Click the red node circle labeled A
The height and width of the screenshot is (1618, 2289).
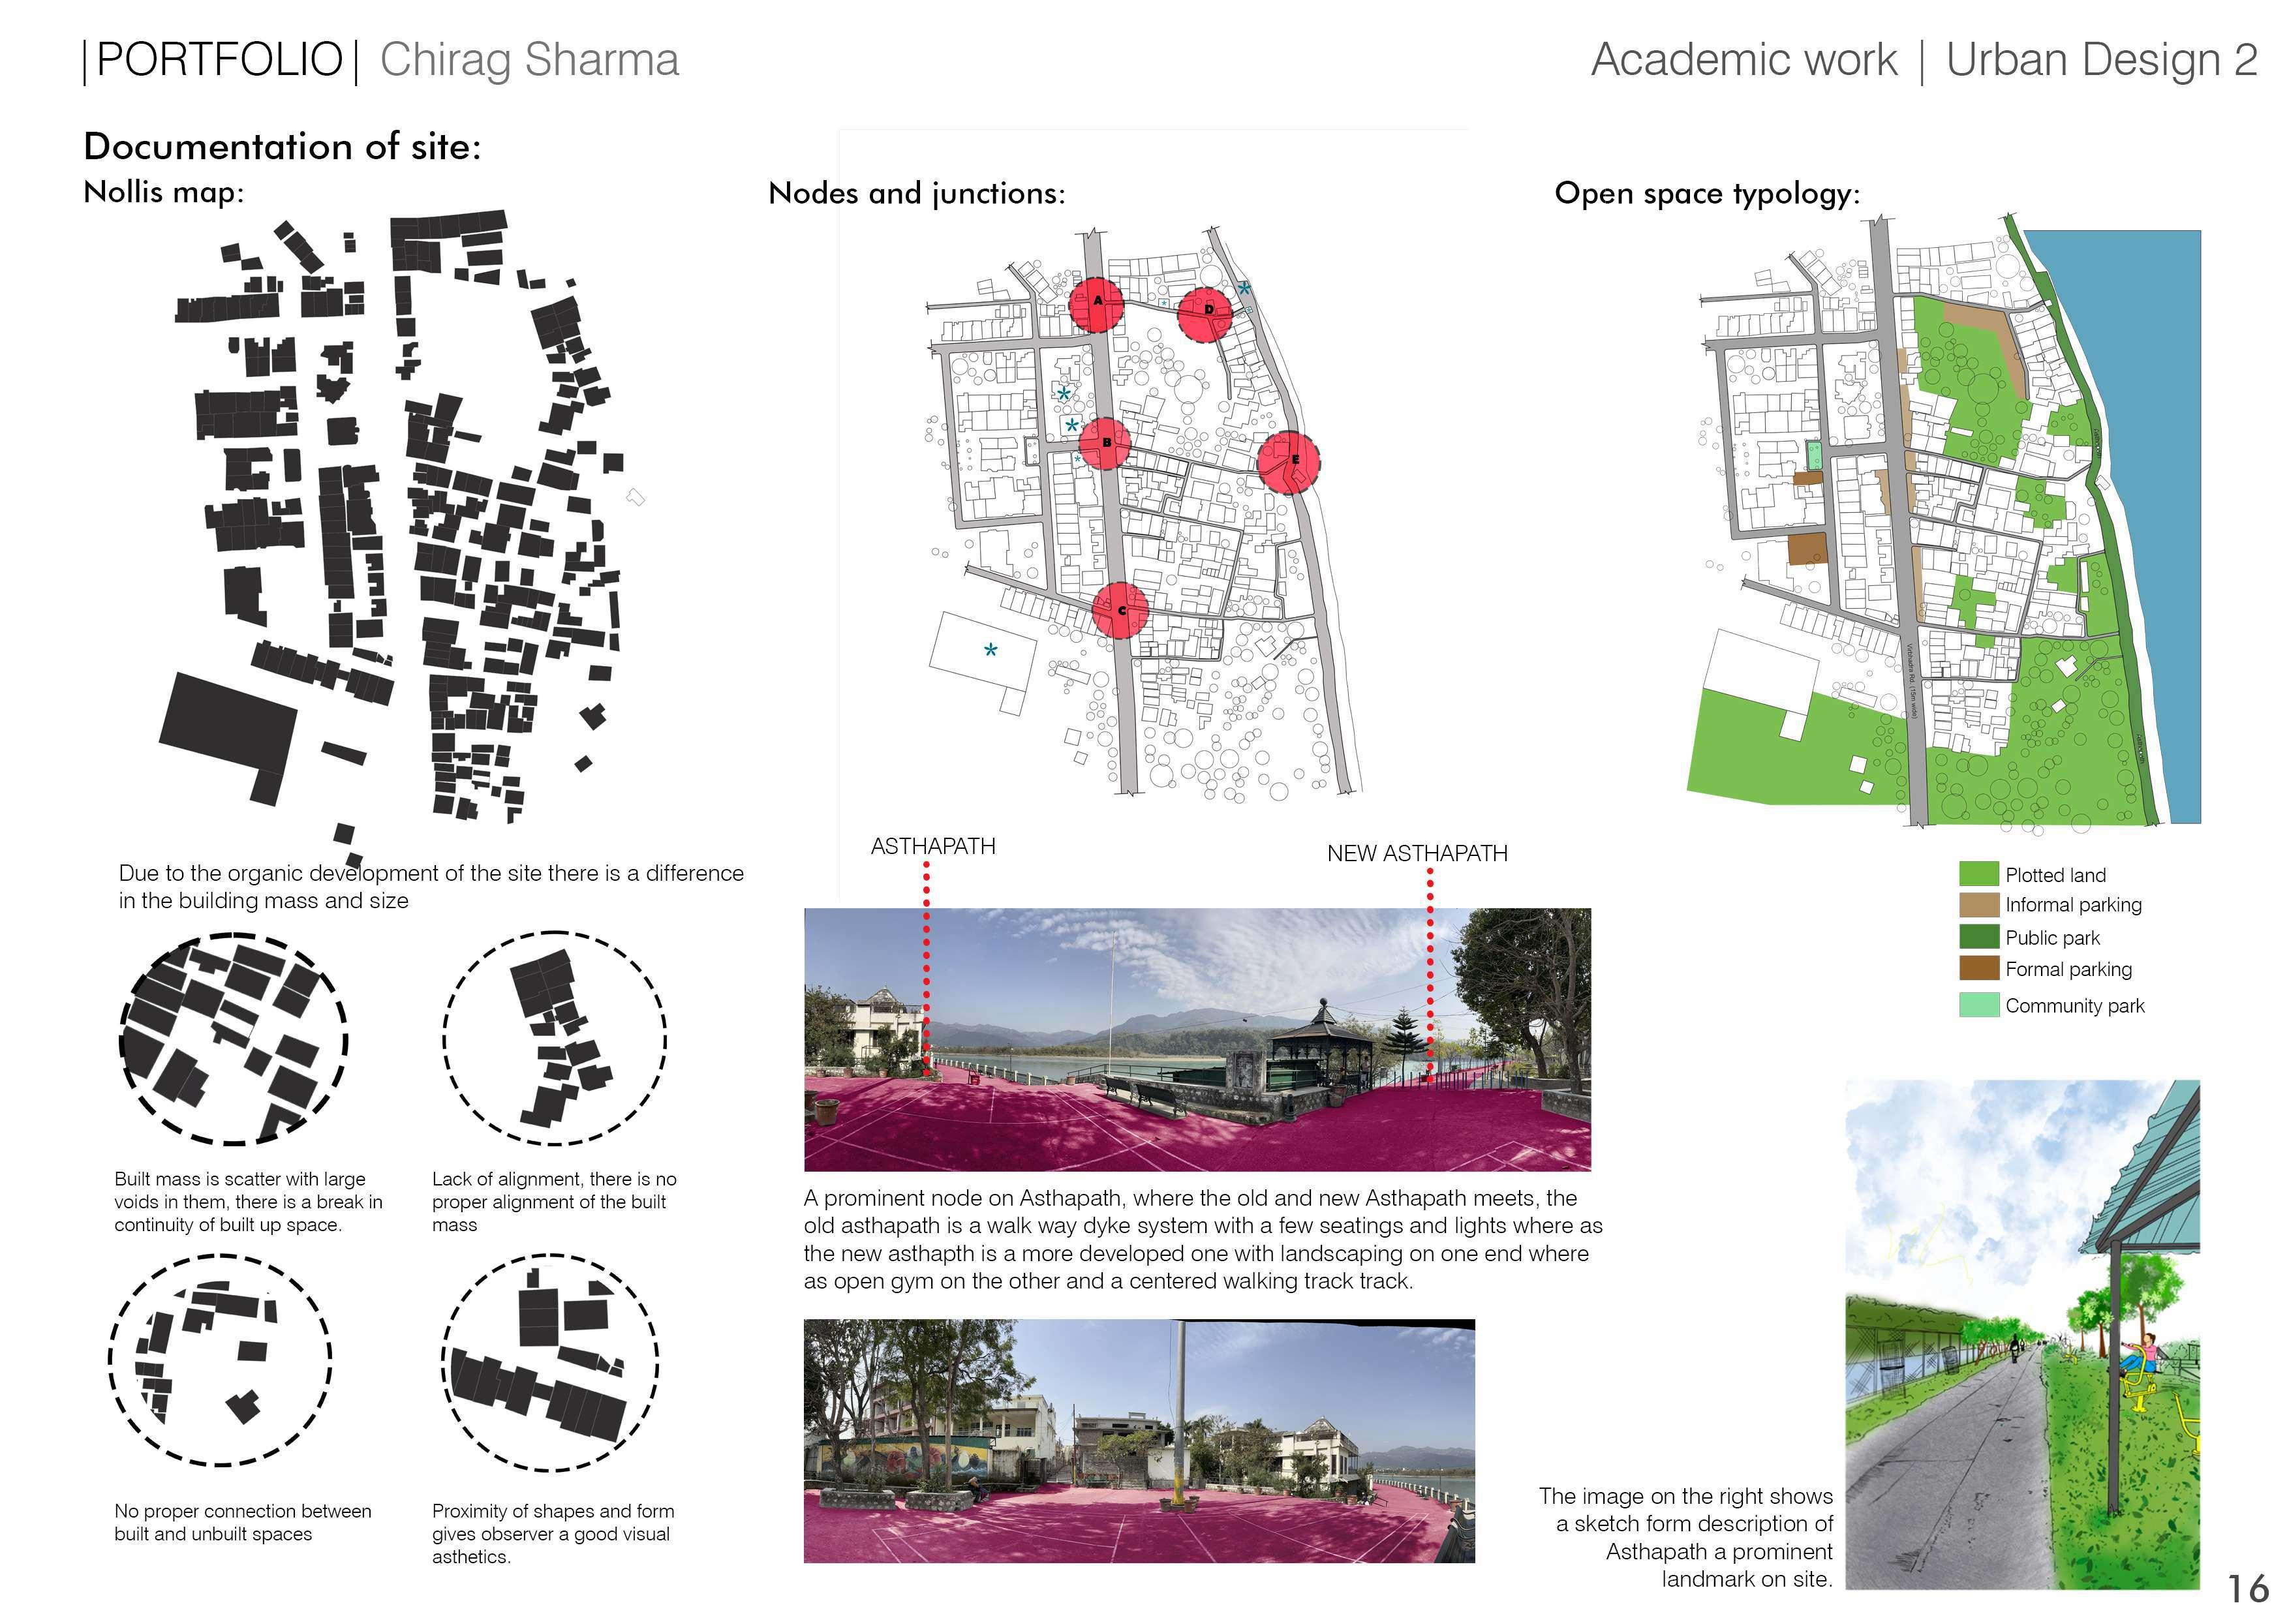(x=1097, y=304)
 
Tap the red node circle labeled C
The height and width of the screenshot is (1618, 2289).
(x=1120, y=609)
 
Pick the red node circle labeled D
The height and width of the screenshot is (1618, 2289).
(x=1206, y=313)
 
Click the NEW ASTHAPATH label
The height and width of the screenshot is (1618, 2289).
(x=1417, y=853)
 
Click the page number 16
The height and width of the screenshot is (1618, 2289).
(x=2247, y=1587)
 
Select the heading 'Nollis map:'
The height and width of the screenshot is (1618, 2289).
(x=164, y=191)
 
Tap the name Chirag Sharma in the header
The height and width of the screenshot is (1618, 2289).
(x=529, y=60)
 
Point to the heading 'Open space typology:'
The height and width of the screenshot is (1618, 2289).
(x=1707, y=193)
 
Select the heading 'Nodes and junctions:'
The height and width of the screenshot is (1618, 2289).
(x=916, y=193)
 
